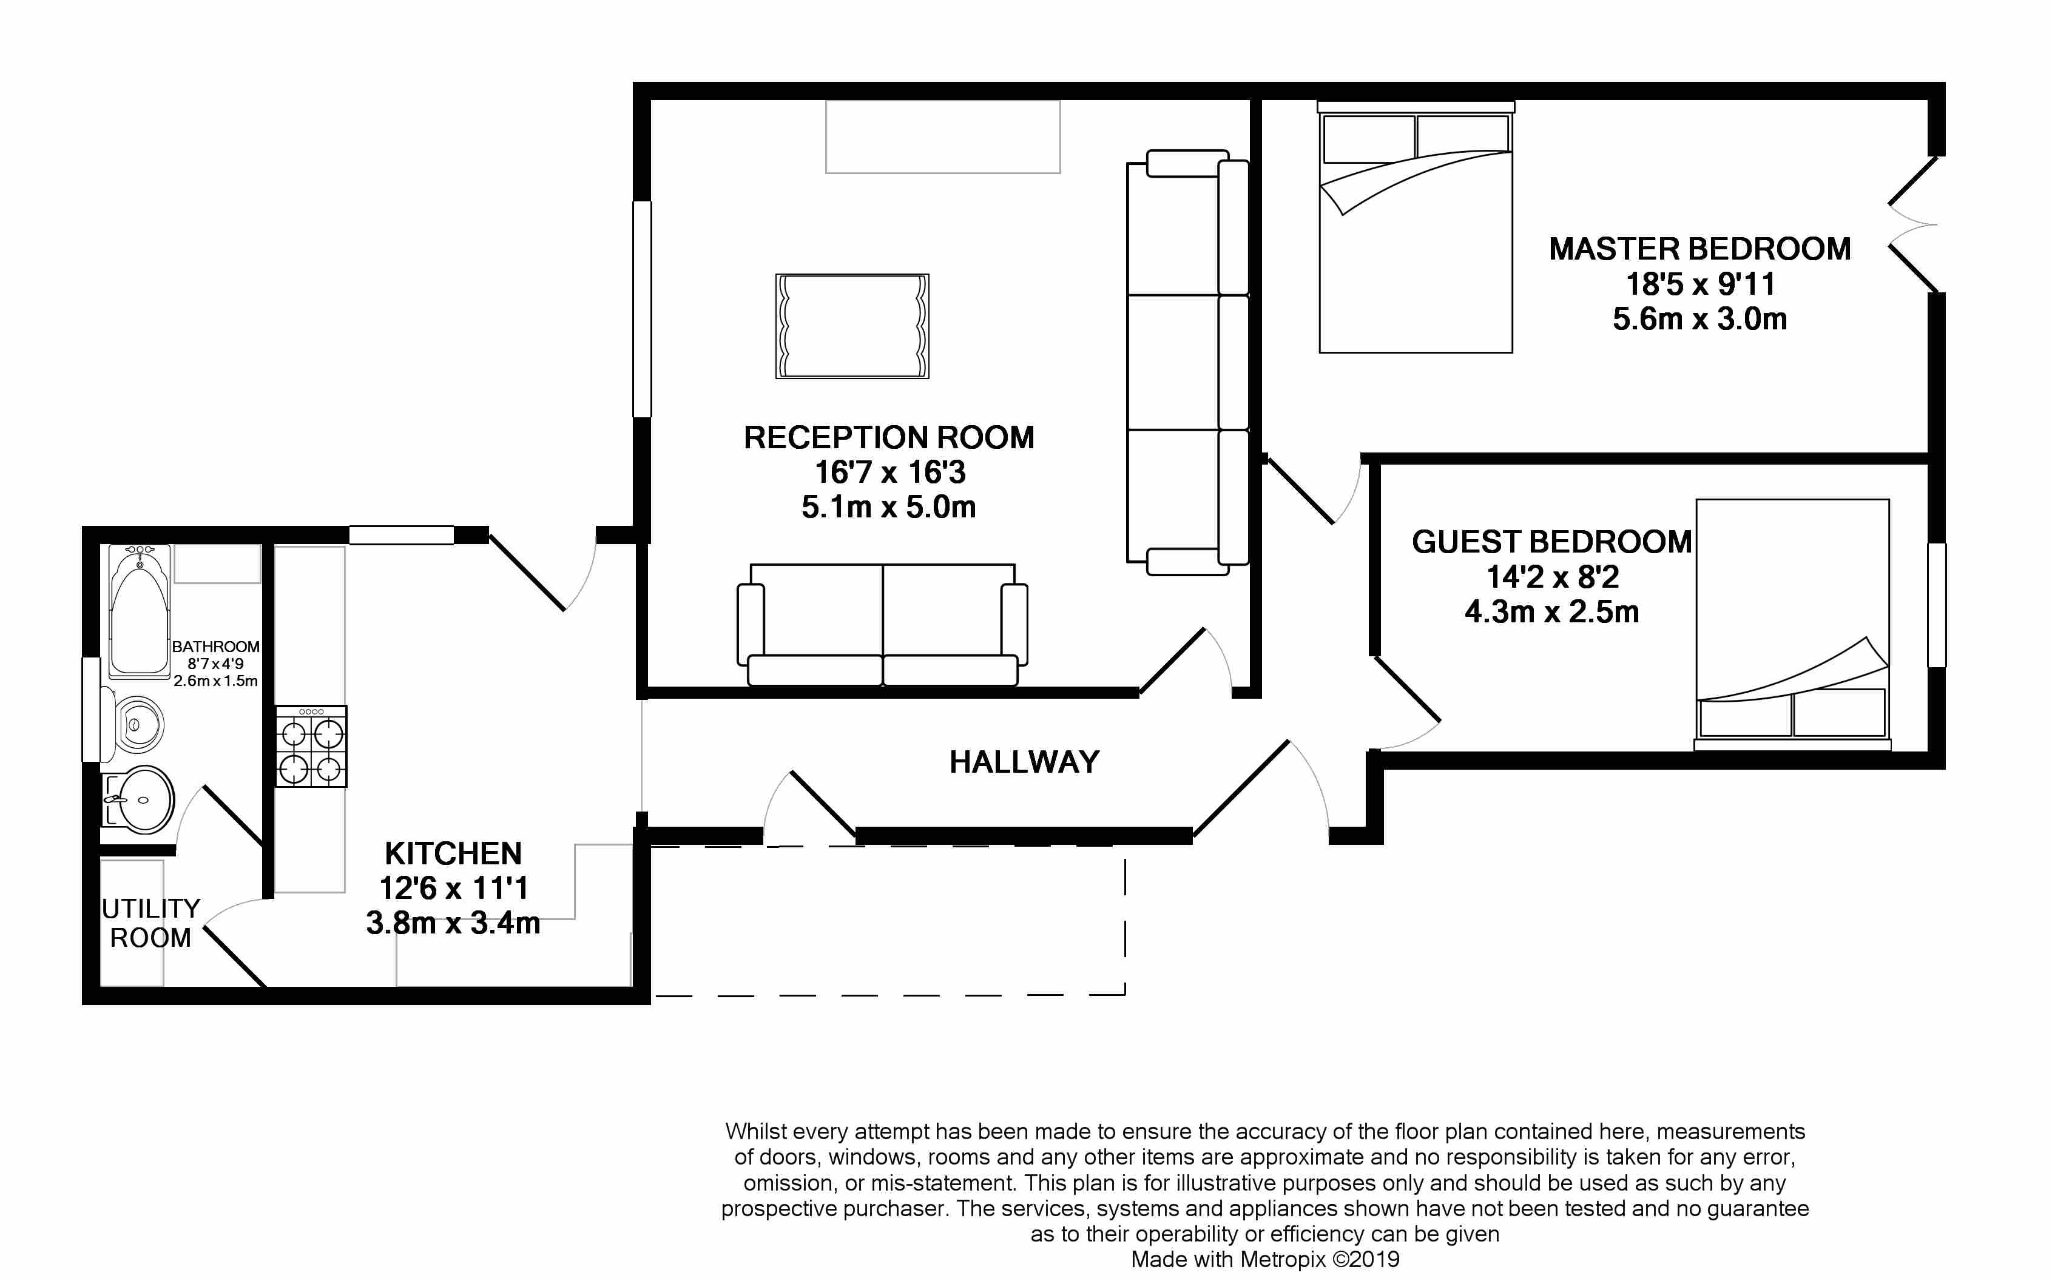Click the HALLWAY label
click(1024, 762)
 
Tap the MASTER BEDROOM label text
click(1699, 249)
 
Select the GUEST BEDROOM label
click(1551, 542)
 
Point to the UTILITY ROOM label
click(151, 923)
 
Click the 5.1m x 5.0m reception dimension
click(889, 506)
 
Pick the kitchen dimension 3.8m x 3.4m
click(453, 923)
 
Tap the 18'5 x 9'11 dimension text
click(1699, 284)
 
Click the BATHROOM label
click(215, 647)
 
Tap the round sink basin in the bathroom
click(140, 799)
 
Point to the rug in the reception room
click(852, 326)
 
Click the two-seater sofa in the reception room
click(883, 624)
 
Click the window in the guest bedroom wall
click(1937, 605)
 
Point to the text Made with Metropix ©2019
click(1265, 1260)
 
